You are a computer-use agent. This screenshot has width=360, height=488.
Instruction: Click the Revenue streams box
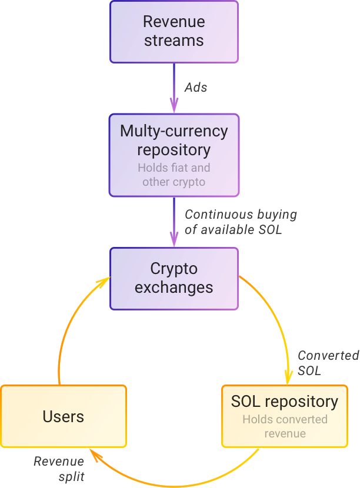point(174,32)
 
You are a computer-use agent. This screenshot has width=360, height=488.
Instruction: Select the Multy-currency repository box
point(174,155)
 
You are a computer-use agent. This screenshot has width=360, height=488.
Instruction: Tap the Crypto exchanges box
point(174,279)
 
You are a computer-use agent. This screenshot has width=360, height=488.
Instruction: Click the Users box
point(64,416)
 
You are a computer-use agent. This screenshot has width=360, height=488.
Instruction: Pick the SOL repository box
point(285,416)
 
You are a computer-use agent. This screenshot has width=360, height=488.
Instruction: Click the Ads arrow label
point(196,88)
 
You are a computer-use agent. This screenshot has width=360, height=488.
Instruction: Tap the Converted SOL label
point(328,363)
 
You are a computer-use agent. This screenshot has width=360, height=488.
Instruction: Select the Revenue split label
point(59,469)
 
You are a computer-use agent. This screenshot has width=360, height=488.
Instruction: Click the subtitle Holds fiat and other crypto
point(174,175)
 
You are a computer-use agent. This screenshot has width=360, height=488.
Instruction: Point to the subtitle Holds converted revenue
point(285,426)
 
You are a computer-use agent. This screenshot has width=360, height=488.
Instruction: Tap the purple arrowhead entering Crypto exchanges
point(174,240)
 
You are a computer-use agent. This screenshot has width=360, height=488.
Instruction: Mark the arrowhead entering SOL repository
point(289,377)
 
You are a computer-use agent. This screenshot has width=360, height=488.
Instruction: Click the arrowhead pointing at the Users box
point(95,454)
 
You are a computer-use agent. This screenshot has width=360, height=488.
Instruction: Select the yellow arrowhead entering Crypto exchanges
point(104,282)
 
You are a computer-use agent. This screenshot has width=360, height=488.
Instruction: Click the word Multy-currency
point(174,131)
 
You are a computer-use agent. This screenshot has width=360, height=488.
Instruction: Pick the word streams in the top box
point(174,41)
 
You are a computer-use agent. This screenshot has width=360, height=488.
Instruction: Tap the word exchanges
point(174,288)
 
